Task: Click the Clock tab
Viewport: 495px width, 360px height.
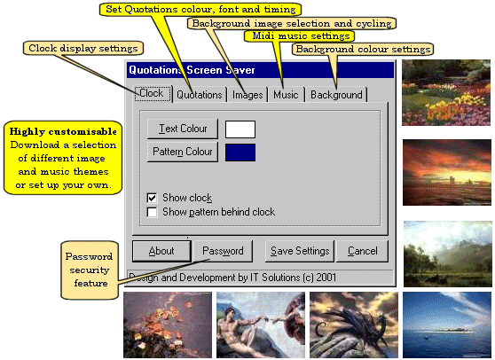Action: pyautogui.click(x=153, y=93)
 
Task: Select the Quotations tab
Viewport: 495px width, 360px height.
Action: pyautogui.click(x=200, y=95)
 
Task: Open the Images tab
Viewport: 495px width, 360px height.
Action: pyautogui.click(x=247, y=95)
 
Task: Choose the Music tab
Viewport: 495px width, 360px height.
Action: pyautogui.click(x=286, y=95)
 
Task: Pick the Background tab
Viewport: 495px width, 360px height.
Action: pyautogui.click(x=336, y=95)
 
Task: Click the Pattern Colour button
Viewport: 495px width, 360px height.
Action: pyautogui.click(x=183, y=152)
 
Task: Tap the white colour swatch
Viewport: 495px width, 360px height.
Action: pyautogui.click(x=240, y=129)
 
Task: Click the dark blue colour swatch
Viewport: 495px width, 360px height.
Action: pyautogui.click(x=240, y=153)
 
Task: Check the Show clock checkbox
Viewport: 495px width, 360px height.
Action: pyautogui.click(x=153, y=198)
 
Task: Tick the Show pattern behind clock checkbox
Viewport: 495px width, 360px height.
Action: pyautogui.click(x=153, y=212)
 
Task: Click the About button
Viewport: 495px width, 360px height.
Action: pyautogui.click(x=161, y=251)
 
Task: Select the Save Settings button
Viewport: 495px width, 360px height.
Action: pyautogui.click(x=300, y=251)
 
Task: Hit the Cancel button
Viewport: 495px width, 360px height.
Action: pyautogui.click(x=363, y=251)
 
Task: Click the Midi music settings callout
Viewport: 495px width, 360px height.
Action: pyautogui.click(x=299, y=36)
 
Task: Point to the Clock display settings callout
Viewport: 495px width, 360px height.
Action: pyautogui.click(x=83, y=48)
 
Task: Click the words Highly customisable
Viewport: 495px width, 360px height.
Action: pyautogui.click(x=63, y=131)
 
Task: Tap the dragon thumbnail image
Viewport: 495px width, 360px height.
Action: pyautogui.click(x=354, y=325)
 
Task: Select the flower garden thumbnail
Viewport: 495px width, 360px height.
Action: pyautogui.click(x=446, y=92)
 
